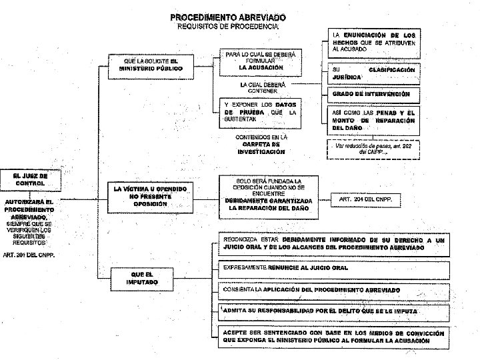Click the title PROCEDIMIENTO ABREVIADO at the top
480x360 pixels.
pos(227,16)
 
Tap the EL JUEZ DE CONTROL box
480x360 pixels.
pos(30,179)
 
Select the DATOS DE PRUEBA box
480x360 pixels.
pos(261,111)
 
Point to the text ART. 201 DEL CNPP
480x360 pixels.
pos(29,255)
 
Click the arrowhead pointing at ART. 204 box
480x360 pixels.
pos(329,199)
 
